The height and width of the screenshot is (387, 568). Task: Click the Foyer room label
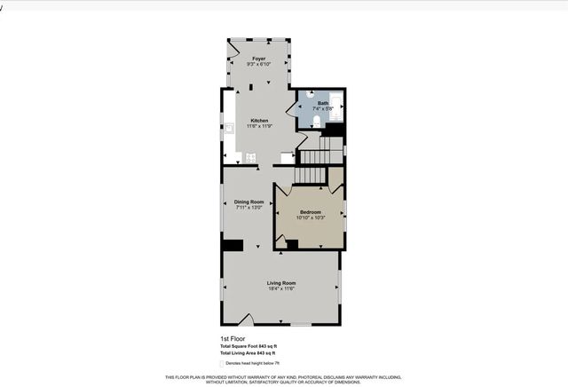coord(258,59)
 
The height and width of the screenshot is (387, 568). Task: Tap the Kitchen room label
coord(259,121)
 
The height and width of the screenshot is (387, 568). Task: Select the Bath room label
coord(323,103)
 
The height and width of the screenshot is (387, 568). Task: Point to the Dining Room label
coord(248,201)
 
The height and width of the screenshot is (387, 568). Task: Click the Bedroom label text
coord(310,212)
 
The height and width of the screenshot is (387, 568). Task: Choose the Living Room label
coord(281,283)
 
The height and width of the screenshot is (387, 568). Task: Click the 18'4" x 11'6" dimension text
coord(281,289)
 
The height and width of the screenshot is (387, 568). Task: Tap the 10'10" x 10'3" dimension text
coord(310,217)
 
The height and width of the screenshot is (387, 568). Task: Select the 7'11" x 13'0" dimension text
coord(248,207)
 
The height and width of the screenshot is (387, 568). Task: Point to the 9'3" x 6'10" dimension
coord(258,64)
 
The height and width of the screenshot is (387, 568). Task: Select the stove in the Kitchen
coord(250,158)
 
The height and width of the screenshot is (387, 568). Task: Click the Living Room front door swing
coord(249,319)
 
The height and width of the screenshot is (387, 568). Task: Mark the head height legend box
coord(222,363)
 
